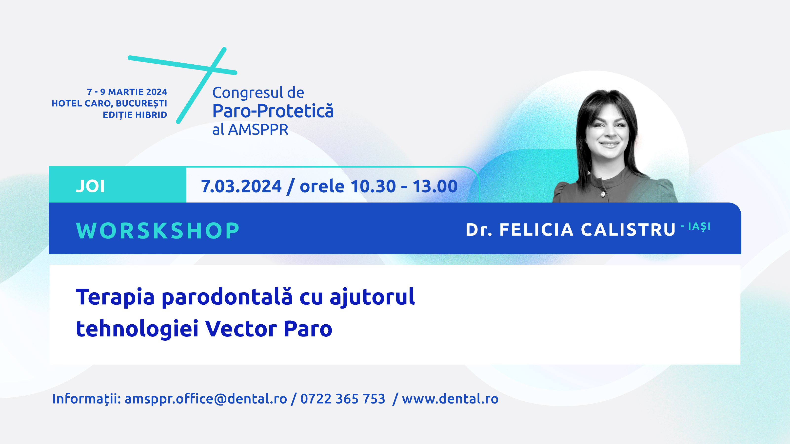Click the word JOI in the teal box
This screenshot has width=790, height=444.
coord(90,186)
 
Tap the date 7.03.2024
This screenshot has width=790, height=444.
coord(241,186)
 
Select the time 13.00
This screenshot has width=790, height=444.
coord(435,186)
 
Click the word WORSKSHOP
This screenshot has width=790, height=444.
coord(158,230)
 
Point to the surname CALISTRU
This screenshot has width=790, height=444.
coord(628,230)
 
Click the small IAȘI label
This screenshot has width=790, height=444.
coord(699,227)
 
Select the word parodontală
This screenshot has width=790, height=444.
coord(227,297)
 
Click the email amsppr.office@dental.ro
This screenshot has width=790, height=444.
coord(205,399)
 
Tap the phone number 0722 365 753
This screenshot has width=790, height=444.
coord(343,399)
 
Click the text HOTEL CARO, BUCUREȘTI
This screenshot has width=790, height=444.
coord(109,104)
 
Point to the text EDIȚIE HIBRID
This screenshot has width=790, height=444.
coord(135,115)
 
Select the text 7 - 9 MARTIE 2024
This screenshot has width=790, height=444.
coord(127,92)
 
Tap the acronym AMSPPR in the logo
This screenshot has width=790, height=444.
coord(258,129)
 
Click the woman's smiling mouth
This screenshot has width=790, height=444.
coord(609,144)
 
